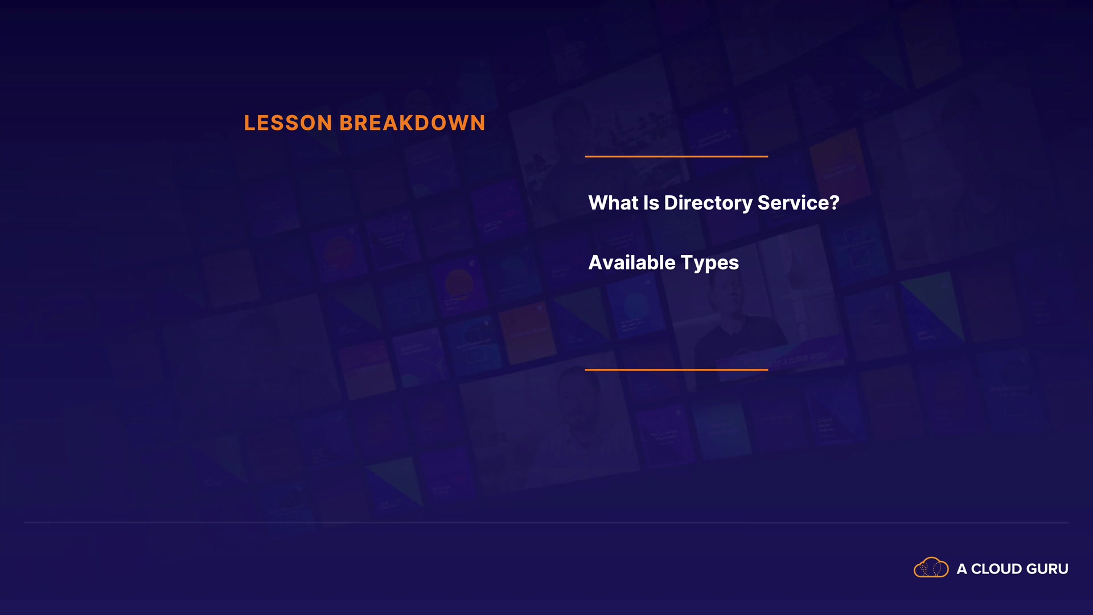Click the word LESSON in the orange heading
click(x=288, y=123)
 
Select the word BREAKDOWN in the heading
click(x=412, y=123)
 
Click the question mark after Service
click(x=835, y=203)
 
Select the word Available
click(x=632, y=263)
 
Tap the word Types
click(x=710, y=264)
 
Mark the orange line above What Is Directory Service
click(x=676, y=156)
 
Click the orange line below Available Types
click(x=676, y=370)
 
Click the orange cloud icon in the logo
click(x=931, y=568)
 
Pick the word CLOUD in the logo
click(x=996, y=569)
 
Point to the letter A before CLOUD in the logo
click(x=962, y=569)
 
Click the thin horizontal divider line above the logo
click(x=546, y=522)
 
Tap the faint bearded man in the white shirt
click(x=575, y=421)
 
